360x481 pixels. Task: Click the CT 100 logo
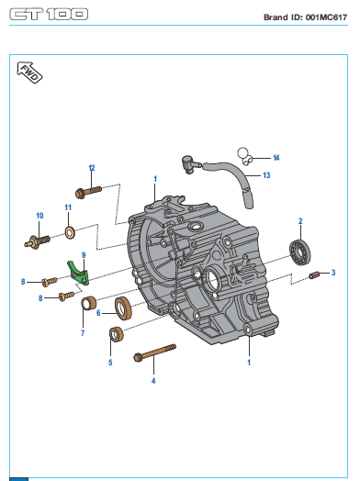click(49, 14)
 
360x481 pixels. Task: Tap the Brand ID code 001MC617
click(327, 17)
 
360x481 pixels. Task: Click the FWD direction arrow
click(29, 73)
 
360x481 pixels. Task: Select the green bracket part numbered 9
click(78, 273)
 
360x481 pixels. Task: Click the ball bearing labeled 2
click(299, 252)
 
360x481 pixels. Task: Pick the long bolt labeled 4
click(155, 352)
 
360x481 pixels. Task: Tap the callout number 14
click(276, 158)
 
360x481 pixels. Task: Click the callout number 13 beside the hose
click(266, 175)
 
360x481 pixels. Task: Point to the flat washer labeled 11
click(70, 233)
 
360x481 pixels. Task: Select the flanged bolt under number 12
click(88, 191)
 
